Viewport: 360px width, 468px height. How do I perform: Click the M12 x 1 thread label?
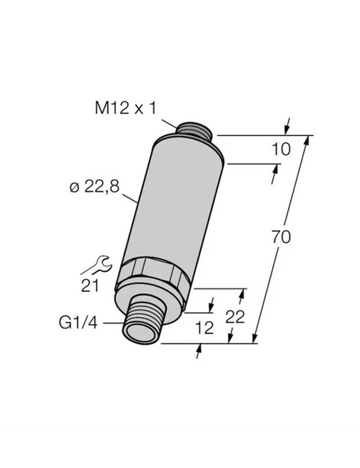click(x=126, y=108)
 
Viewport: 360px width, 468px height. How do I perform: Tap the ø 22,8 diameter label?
click(x=94, y=187)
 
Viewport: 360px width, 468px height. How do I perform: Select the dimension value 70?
click(x=281, y=237)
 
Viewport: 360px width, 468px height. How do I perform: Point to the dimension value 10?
click(x=281, y=149)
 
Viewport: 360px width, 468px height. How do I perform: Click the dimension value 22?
click(x=235, y=317)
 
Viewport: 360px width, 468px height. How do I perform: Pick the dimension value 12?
click(x=204, y=327)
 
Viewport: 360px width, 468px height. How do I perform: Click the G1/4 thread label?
click(x=78, y=323)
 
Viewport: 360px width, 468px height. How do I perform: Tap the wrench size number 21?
click(x=90, y=286)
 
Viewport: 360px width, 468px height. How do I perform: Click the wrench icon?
click(x=97, y=265)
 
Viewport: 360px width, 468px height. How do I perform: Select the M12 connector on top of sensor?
click(x=194, y=130)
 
